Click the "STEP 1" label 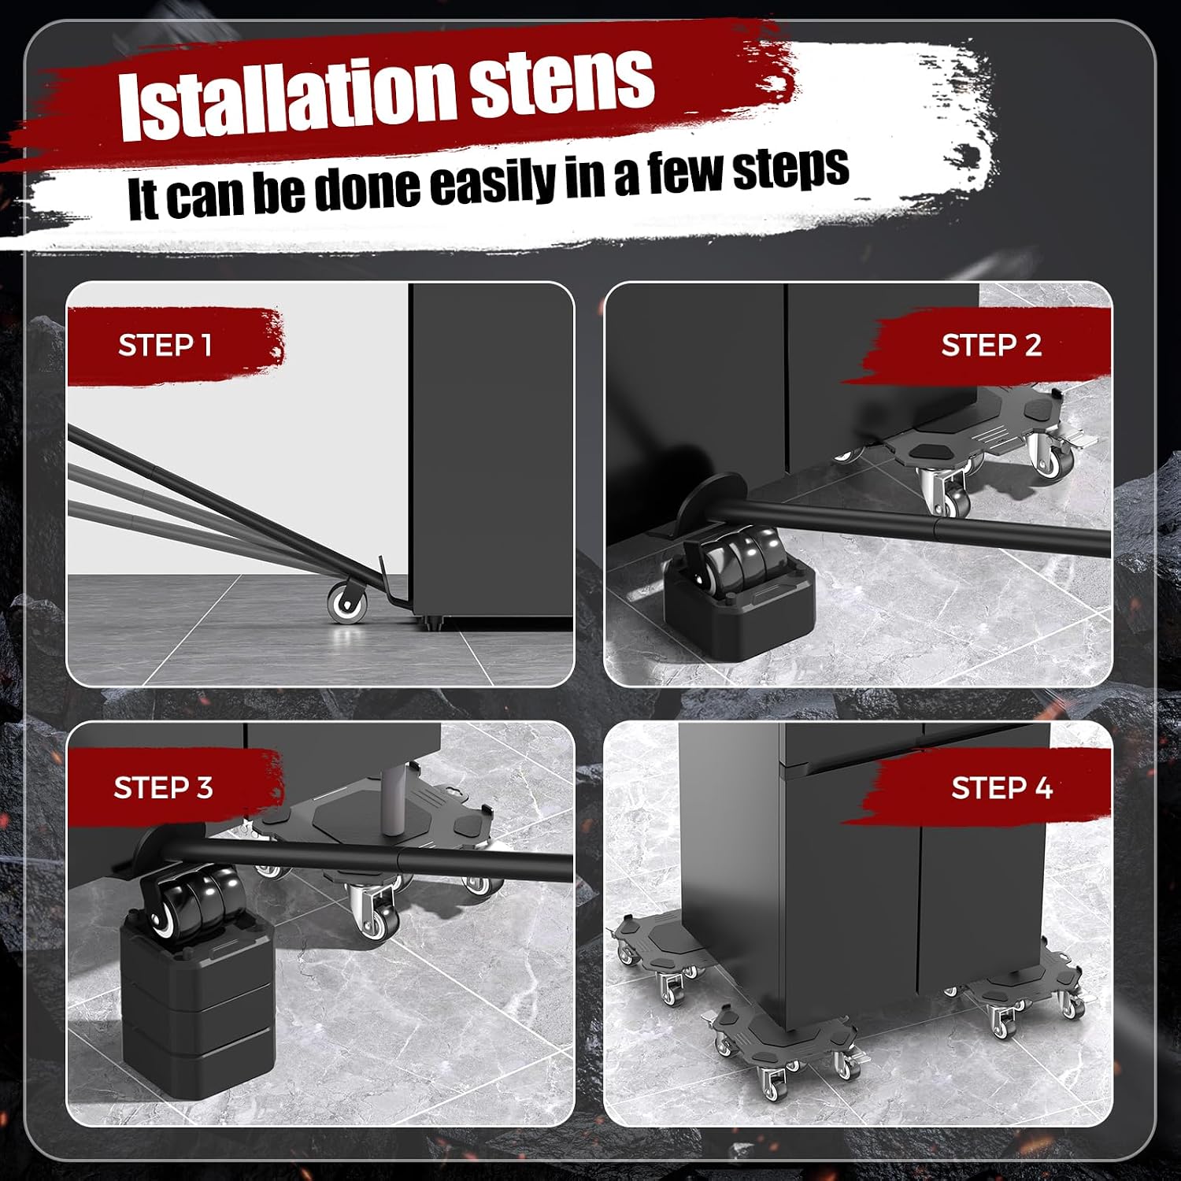tap(165, 345)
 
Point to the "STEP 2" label tap(991, 345)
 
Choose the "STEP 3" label tap(163, 787)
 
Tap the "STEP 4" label tap(1001, 787)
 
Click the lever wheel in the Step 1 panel tap(347, 603)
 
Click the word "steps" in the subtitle tap(791, 168)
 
